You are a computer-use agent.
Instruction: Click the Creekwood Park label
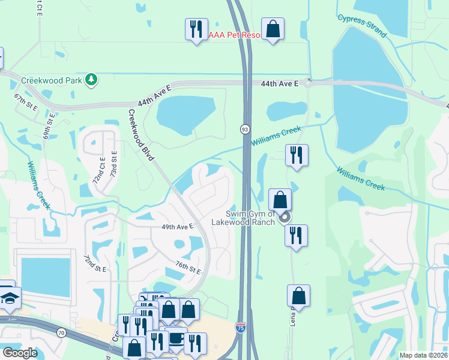(51, 80)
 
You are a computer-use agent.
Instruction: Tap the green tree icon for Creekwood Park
(91, 79)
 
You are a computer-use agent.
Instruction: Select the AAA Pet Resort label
(235, 35)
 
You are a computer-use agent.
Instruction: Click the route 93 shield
(245, 129)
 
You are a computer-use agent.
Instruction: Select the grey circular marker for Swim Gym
(286, 218)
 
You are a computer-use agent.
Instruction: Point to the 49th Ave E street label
(177, 227)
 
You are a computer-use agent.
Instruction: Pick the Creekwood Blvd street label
(141, 134)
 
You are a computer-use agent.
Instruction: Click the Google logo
(20, 353)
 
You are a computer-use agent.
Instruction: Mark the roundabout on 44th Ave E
(308, 83)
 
